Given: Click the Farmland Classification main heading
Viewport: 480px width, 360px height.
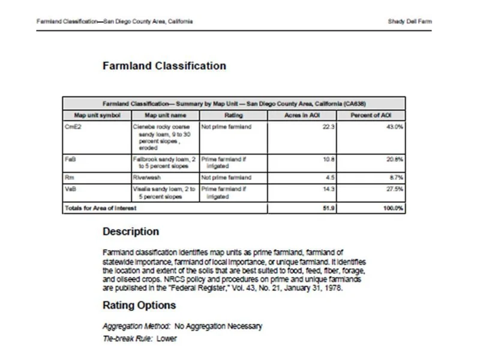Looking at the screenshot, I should pyautogui.click(x=164, y=66).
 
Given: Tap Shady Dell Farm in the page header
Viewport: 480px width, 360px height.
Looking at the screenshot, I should pyautogui.click(x=410, y=22).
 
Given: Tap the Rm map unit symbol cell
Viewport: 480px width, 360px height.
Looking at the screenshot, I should pyautogui.click(x=70, y=178).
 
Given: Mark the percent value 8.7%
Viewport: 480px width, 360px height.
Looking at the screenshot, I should pyautogui.click(x=395, y=178).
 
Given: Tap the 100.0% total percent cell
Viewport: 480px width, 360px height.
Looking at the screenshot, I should pyautogui.click(x=392, y=208).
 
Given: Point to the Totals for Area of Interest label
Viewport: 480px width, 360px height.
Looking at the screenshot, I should pyautogui.click(x=100, y=208).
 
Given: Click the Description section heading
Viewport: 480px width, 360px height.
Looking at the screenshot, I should pyautogui.click(x=131, y=232).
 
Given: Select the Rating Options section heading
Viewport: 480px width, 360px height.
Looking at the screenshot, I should pyautogui.click(x=139, y=305).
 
